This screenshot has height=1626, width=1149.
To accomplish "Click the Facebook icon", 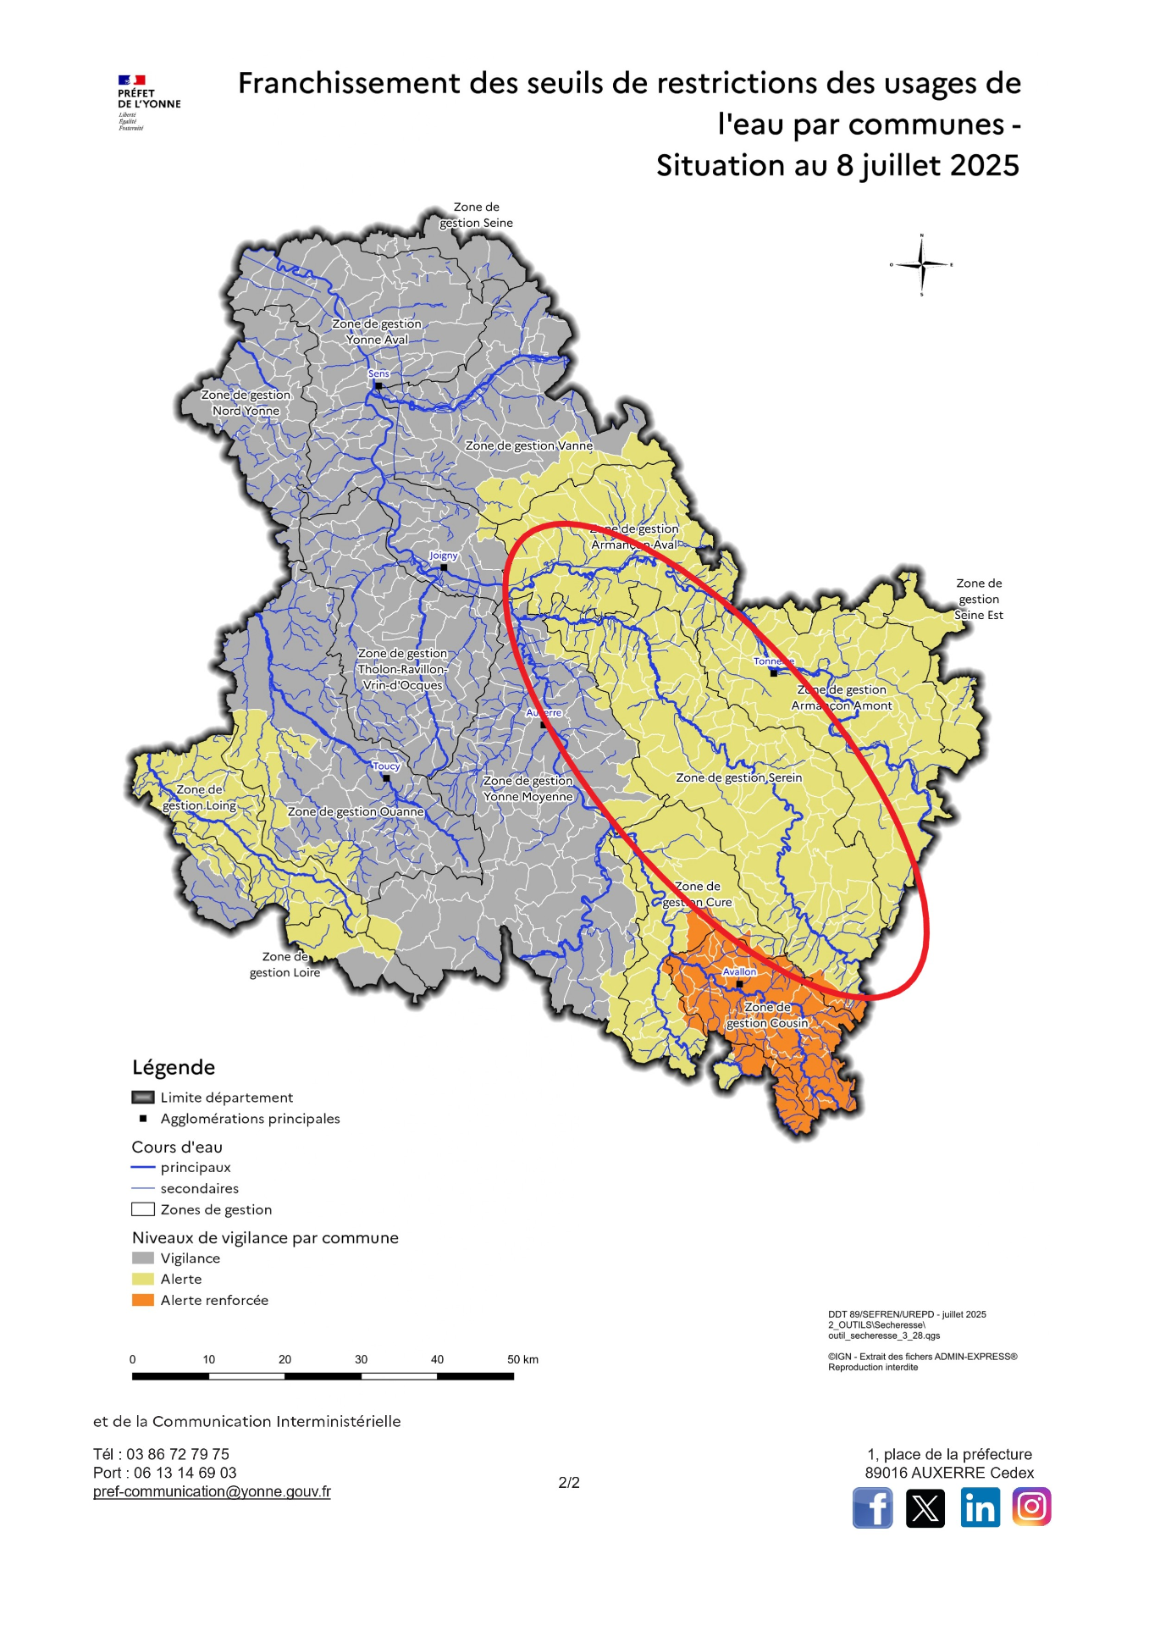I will tap(872, 1508).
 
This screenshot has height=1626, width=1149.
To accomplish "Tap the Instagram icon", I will tap(1031, 1507).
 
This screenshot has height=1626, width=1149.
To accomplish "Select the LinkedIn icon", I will tap(980, 1508).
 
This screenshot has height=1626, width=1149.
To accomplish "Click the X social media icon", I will tap(925, 1508).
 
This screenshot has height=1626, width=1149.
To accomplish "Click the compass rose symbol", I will tap(921, 265).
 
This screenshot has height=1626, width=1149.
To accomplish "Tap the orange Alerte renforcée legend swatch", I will tap(143, 1300).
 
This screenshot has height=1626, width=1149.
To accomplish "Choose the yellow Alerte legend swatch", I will tap(143, 1279).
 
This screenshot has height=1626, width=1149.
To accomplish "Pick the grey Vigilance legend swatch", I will tap(143, 1258).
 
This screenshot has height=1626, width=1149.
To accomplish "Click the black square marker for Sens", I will tap(378, 385).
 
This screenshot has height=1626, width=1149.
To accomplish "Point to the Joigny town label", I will tap(443, 556).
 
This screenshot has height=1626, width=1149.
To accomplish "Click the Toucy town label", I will tap(386, 766).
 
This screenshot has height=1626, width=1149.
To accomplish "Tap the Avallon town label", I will tap(739, 971).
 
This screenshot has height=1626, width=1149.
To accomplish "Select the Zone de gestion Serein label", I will tap(738, 777).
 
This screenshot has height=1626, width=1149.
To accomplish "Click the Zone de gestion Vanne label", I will tap(528, 445).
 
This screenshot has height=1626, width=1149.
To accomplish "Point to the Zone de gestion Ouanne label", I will tap(356, 811).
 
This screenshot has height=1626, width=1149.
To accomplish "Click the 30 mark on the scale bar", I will tap(361, 1359).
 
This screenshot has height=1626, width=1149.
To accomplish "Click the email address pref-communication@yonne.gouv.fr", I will tap(212, 1491).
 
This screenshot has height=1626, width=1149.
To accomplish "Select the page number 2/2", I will tap(569, 1482).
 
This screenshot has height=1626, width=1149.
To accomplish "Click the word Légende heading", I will tap(174, 1067).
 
